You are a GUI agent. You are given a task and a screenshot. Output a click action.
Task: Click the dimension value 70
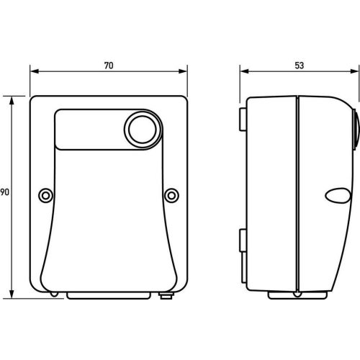(109, 66)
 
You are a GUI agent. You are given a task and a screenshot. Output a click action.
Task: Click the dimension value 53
(299, 66)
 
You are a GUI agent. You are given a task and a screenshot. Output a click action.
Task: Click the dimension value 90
(4, 192)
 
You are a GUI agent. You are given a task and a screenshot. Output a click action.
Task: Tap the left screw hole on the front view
(45, 196)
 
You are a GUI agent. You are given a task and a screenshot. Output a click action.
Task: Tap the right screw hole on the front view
(171, 196)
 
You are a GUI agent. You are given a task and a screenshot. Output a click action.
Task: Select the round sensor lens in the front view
(143, 130)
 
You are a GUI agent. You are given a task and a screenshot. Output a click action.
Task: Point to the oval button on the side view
(338, 196)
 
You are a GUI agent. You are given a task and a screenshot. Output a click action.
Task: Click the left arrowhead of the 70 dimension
(35, 71)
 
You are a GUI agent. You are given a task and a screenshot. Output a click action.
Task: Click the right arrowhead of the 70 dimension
(183, 71)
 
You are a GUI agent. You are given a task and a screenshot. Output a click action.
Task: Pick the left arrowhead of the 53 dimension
(245, 71)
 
